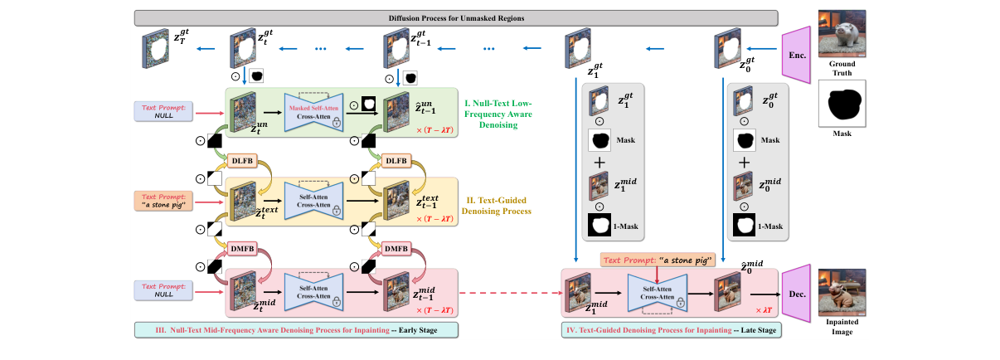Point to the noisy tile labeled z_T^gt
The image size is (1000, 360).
point(155,48)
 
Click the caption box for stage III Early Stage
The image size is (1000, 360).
point(296,330)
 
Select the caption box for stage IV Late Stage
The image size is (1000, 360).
point(670,330)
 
